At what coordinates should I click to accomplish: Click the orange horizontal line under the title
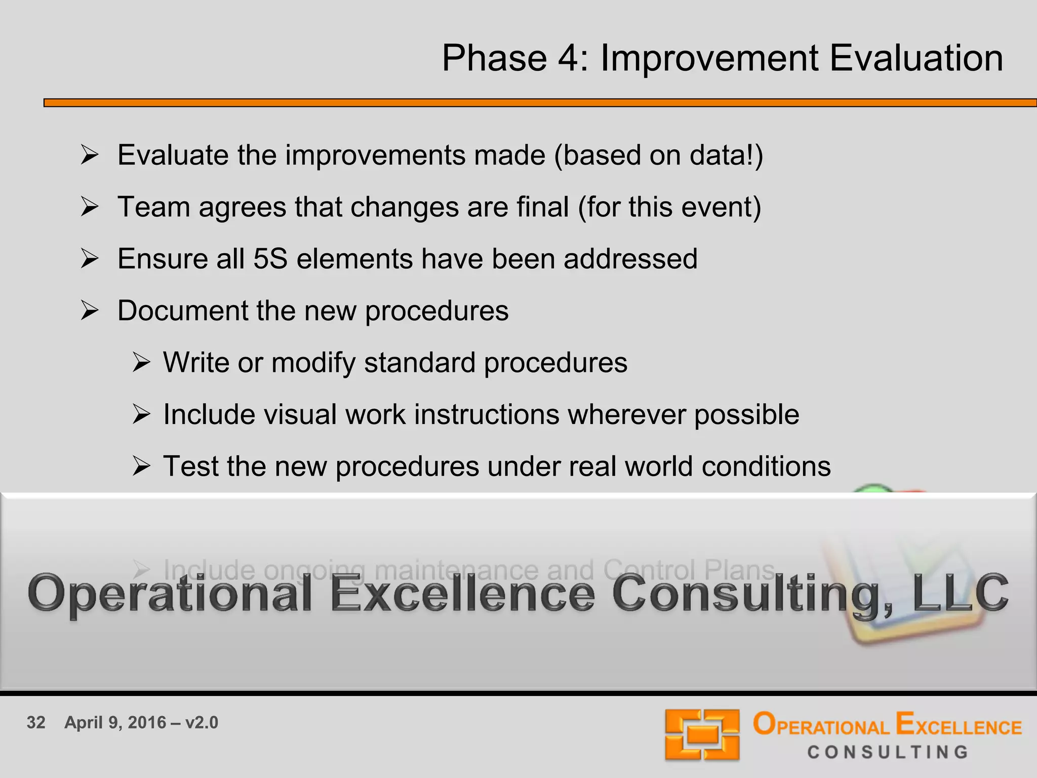[537, 103]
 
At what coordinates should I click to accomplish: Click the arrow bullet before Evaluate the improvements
[90, 155]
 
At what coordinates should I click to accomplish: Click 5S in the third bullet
[270, 259]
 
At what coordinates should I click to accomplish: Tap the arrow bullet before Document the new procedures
[90, 310]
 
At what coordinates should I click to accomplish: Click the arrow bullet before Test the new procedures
[141, 466]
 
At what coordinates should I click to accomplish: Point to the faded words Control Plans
[689, 570]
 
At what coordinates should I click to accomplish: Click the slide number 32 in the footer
[36, 723]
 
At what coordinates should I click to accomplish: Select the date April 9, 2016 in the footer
[115, 723]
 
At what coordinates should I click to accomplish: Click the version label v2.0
[202, 723]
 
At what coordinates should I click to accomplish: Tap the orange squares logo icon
[702, 734]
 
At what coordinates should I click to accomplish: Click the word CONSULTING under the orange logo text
[887, 752]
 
